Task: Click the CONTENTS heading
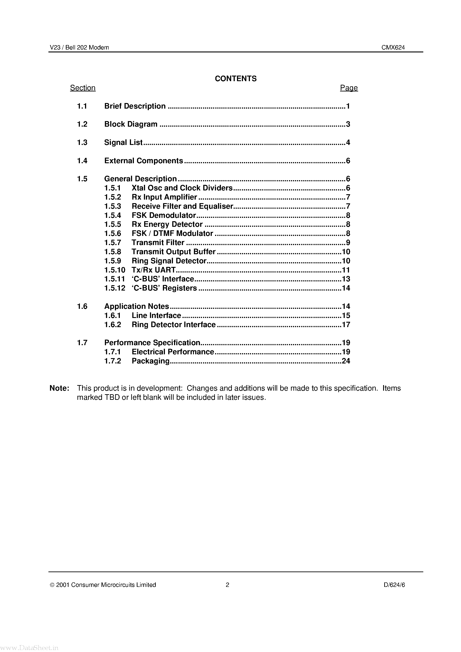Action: tap(236, 79)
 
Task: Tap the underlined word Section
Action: tap(83, 88)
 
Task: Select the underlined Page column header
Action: tap(349, 88)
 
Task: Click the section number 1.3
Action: tap(82, 142)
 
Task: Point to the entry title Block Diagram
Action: tap(131, 124)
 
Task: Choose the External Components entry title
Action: tap(143, 161)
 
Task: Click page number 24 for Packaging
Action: tap(346, 361)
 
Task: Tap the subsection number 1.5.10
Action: tap(114, 270)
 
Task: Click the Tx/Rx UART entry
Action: tap(154, 270)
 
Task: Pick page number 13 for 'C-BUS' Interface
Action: tap(346, 279)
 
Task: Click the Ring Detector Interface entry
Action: tap(174, 325)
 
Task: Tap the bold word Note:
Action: tap(59, 388)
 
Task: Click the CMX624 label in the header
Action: tap(393, 47)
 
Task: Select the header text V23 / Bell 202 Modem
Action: tap(79, 47)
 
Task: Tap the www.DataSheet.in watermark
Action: tap(29, 648)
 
